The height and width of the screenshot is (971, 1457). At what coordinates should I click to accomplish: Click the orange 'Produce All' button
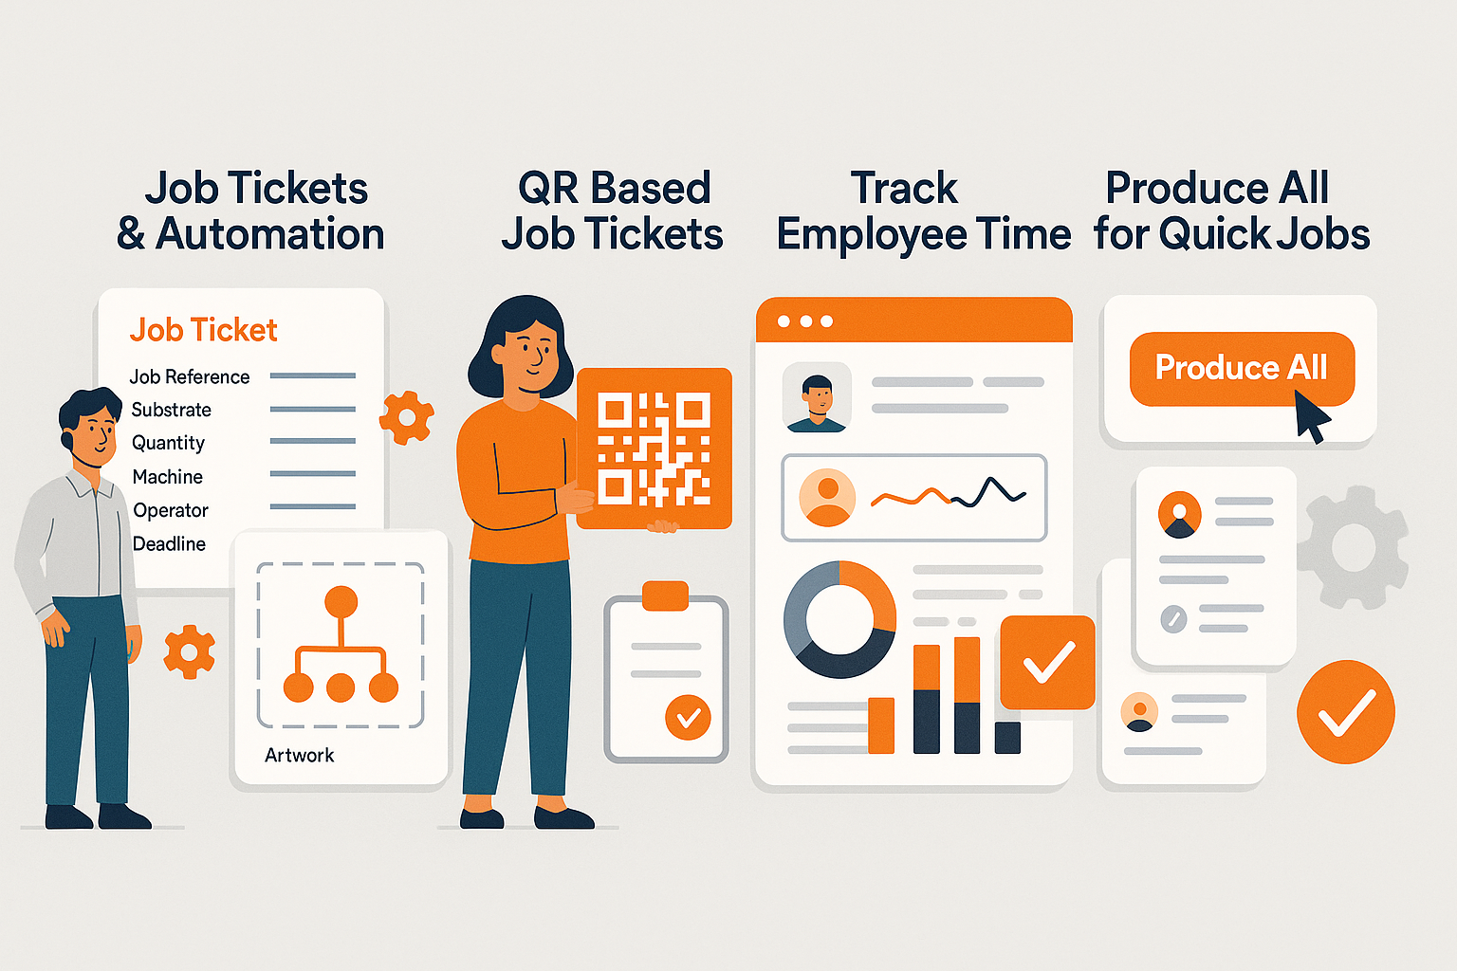coord(1241,368)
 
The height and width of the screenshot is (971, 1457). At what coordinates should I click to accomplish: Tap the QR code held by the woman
coord(654,448)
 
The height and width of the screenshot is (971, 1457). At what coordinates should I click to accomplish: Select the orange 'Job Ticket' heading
coord(203,330)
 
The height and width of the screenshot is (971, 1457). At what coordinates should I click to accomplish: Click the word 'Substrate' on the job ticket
coord(171,410)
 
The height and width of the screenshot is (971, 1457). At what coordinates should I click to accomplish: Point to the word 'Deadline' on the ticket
coord(169,543)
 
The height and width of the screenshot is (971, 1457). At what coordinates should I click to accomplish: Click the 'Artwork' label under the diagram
coord(299,755)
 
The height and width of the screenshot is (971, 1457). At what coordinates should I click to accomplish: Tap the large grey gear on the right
coord(1353,546)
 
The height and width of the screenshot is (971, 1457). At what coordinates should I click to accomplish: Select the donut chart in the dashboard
coord(839,619)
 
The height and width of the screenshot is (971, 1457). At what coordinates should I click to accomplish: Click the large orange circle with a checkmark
coord(1345,711)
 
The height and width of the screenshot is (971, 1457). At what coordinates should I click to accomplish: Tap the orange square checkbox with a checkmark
coord(1047,662)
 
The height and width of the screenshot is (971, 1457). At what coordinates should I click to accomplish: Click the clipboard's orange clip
coord(665,595)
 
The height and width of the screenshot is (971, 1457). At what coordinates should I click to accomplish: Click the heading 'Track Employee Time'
coord(923,211)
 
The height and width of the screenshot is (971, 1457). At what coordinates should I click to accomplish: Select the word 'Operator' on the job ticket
coord(171,510)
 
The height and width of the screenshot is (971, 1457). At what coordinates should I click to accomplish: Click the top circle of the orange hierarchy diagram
coord(341,601)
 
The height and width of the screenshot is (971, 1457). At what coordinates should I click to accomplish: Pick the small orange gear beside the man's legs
coord(189,651)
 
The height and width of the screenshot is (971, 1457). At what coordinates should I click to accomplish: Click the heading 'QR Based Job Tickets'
coord(613,211)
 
